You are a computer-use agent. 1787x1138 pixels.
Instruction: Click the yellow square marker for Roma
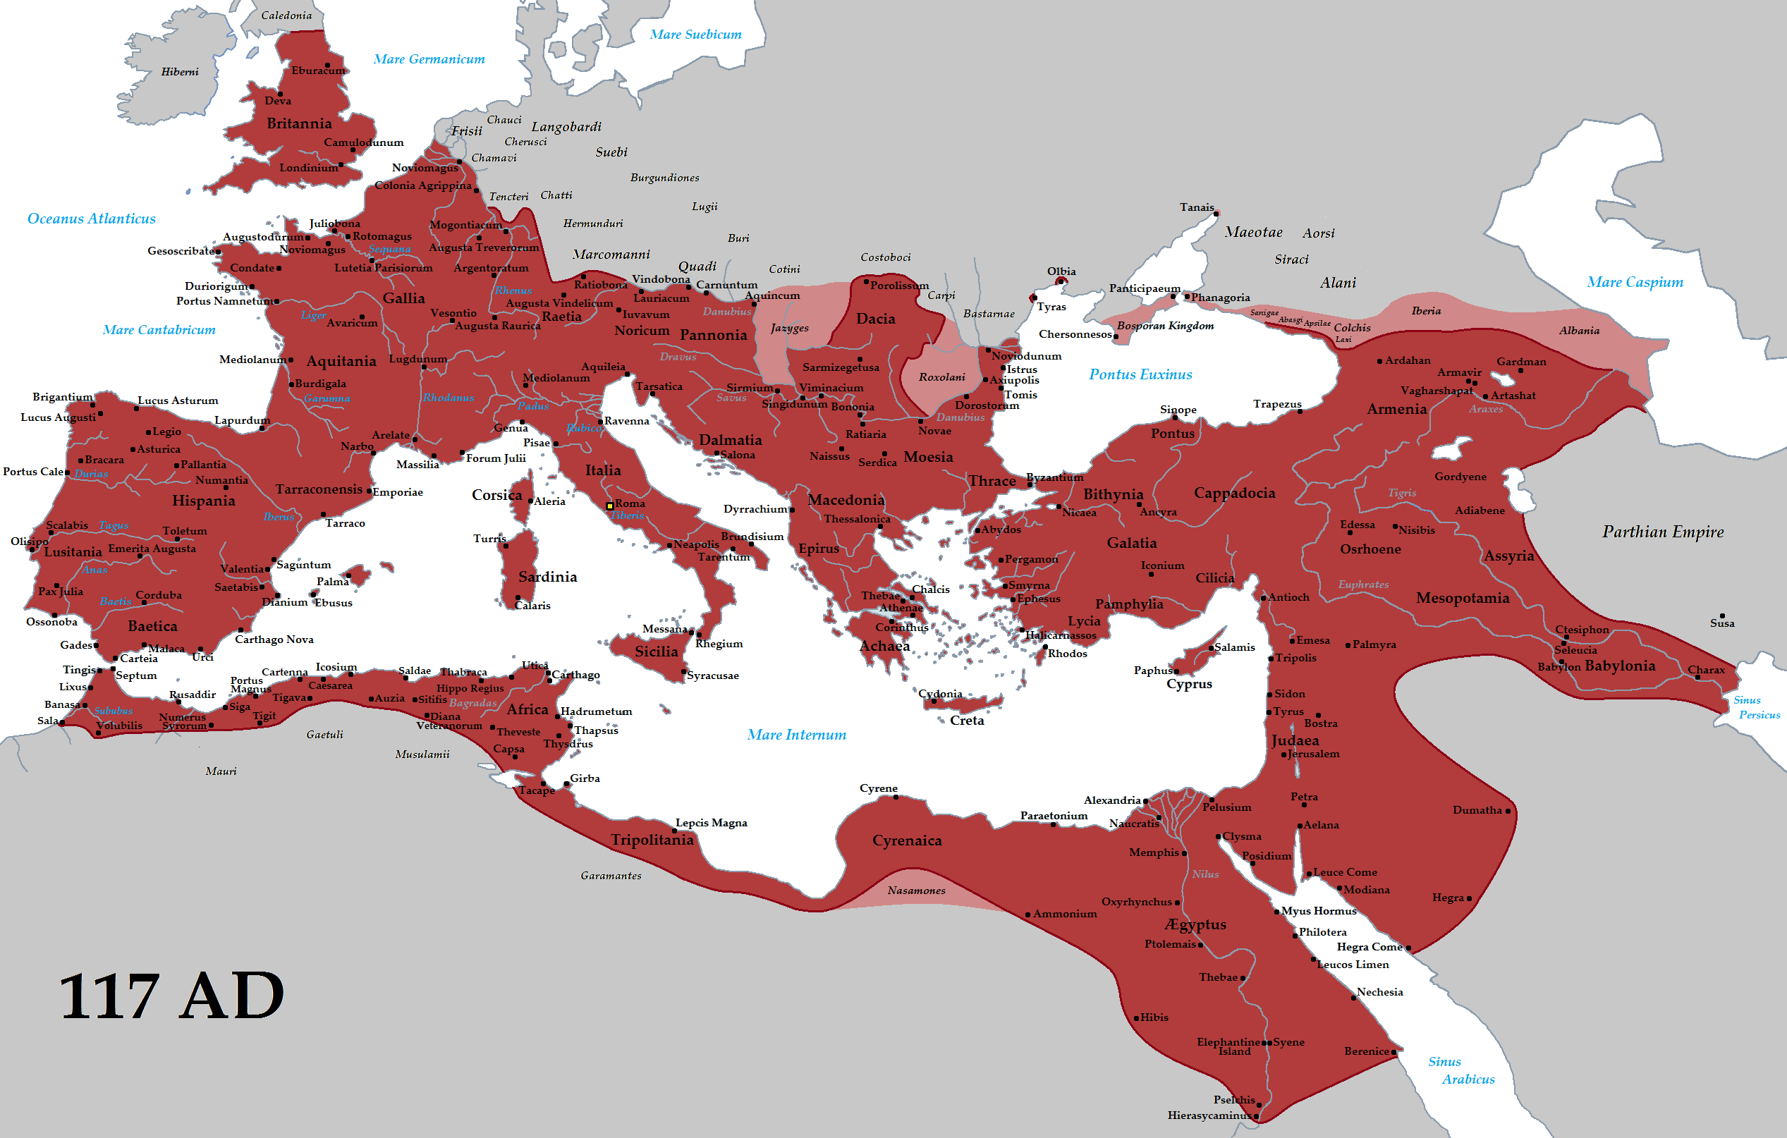609,506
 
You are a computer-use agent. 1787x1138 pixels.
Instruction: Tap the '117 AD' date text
171,996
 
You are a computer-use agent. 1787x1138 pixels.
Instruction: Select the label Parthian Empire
1662,532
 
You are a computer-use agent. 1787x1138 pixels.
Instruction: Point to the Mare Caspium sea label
1635,283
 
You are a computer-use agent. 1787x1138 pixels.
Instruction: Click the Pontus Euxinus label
1140,374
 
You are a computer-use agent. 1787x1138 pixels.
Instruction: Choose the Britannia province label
299,124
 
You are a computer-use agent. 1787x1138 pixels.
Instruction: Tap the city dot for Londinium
341,165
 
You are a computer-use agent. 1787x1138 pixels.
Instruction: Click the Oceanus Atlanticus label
91,219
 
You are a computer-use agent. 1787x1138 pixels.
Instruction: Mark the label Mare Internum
796,735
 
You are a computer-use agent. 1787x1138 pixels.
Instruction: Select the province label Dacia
876,319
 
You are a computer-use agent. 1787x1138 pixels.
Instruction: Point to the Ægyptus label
1195,924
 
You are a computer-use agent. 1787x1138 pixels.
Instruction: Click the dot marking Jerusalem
1284,754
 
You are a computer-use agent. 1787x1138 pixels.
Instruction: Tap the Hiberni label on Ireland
180,72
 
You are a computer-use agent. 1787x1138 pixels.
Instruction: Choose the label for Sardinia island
548,577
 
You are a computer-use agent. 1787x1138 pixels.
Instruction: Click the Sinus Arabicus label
1458,1070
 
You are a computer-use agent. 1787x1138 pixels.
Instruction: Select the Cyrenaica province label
907,840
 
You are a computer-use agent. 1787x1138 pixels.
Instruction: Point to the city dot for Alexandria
1146,801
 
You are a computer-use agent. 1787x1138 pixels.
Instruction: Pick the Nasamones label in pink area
917,891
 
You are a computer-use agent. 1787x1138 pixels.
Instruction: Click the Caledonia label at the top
286,16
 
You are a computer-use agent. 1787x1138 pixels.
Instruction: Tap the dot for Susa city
1721,615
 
